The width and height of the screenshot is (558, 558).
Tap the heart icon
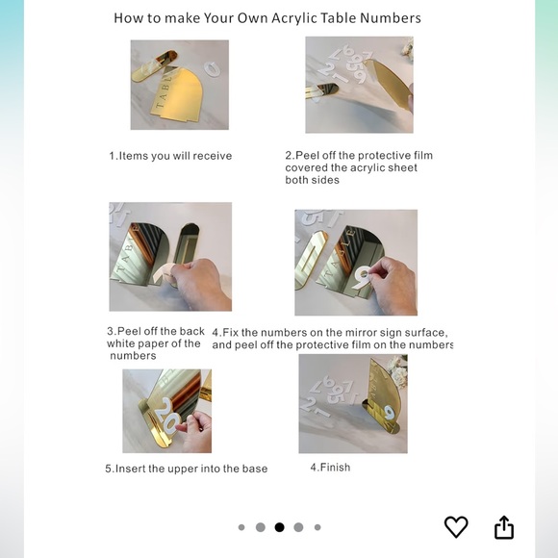456,526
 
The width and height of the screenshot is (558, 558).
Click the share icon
504,527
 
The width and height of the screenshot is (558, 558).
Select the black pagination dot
279,527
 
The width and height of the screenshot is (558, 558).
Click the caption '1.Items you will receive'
170,156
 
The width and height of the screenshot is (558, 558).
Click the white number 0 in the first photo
212,68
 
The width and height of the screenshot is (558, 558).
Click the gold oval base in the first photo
155,65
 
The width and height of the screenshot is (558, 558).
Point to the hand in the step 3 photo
200,282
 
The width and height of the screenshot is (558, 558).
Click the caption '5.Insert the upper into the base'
186,469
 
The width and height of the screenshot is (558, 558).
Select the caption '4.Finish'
330,468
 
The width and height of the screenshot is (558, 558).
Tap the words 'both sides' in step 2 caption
312,180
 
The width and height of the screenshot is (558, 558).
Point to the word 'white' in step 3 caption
120,343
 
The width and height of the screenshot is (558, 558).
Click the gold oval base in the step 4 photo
310,259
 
